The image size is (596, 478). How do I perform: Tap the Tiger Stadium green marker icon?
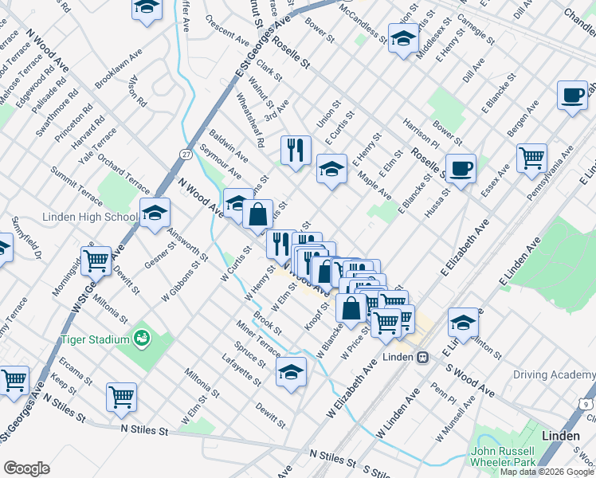tap(143, 339)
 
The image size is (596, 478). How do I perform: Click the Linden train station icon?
tap(425, 356)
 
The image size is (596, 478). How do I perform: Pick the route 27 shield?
tap(186, 153)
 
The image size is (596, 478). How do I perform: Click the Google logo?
tap(27, 468)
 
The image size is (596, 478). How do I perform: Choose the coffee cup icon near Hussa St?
tap(461, 168)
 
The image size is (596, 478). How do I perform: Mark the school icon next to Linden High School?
tap(155, 211)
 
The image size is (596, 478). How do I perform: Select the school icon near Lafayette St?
tap(291, 371)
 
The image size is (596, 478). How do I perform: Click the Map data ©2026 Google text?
tap(547, 472)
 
